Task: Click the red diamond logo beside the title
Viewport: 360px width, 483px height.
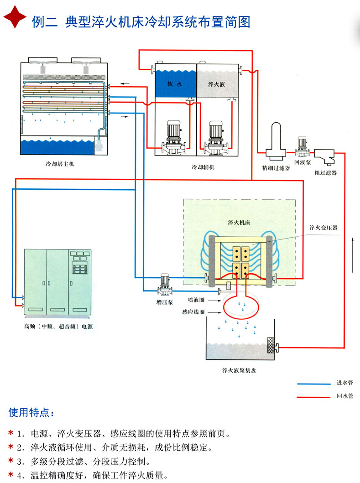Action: click(x=15, y=17)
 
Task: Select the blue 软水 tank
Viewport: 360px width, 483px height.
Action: click(x=175, y=83)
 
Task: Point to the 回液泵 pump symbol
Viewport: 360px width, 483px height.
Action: click(x=302, y=147)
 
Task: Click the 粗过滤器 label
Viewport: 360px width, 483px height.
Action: click(x=325, y=173)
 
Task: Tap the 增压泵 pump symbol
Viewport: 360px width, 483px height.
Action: click(x=164, y=285)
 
